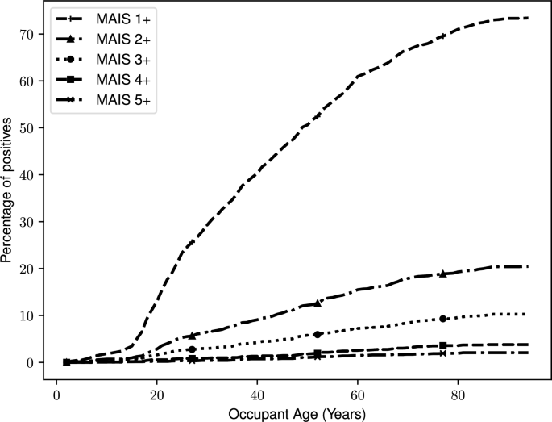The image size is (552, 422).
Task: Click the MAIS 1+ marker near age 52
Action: click(318, 116)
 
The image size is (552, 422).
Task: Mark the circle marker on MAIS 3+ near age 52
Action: click(318, 334)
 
